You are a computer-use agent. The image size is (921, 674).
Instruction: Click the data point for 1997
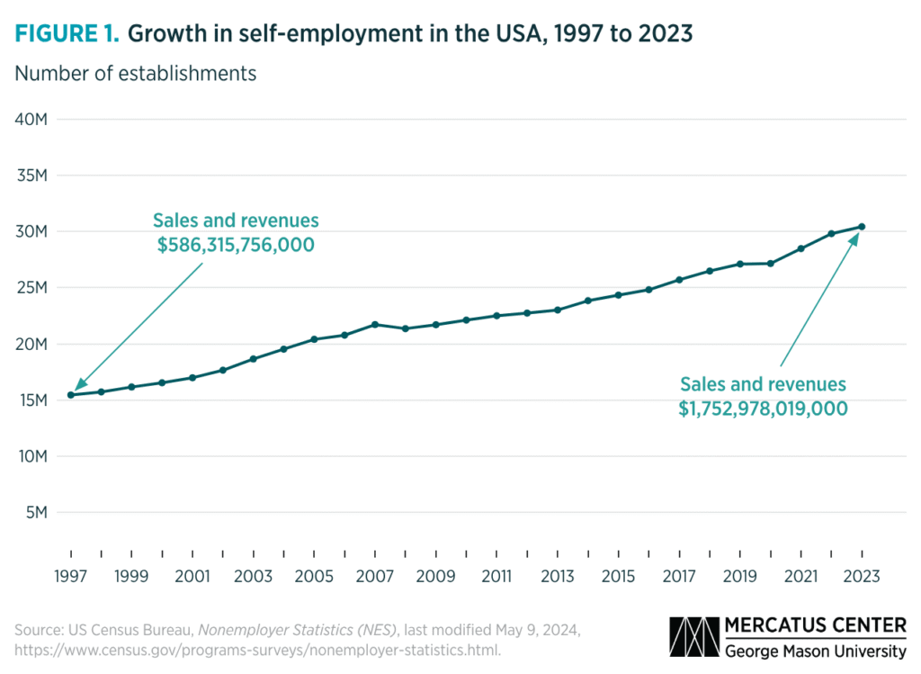pyautogui.click(x=70, y=395)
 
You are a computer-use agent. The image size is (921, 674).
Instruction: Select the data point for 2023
pyautogui.click(x=862, y=227)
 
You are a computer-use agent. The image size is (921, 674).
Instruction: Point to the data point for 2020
pyautogui.click(x=771, y=264)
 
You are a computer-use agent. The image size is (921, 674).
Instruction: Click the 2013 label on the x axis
pyautogui.click(x=558, y=575)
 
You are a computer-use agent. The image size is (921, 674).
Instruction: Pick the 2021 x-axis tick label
pyautogui.click(x=800, y=575)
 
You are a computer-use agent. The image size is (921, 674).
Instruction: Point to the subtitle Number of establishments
pyautogui.click(x=135, y=74)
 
